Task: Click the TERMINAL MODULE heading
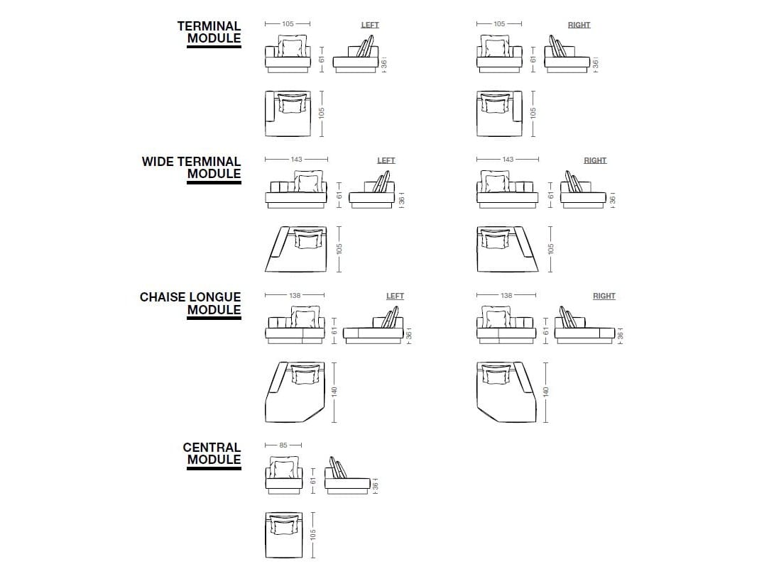(x=209, y=33)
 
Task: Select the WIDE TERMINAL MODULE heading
(x=192, y=168)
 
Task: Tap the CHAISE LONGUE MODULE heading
(x=190, y=304)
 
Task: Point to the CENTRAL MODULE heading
(x=212, y=453)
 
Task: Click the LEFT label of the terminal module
(x=370, y=25)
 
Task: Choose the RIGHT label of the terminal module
(x=579, y=25)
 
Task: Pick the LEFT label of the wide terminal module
(x=386, y=160)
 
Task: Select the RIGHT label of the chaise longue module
(x=604, y=296)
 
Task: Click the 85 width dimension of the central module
(x=283, y=445)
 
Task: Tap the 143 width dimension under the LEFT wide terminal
(x=296, y=160)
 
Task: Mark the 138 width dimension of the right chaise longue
(x=506, y=295)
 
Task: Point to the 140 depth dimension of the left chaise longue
(x=334, y=391)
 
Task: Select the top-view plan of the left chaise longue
(x=294, y=392)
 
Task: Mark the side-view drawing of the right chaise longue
(x=584, y=327)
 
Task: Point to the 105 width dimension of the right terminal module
(x=499, y=24)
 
